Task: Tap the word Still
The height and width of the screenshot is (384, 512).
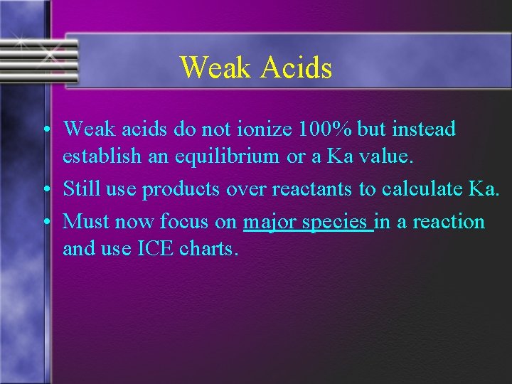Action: pos(80,189)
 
